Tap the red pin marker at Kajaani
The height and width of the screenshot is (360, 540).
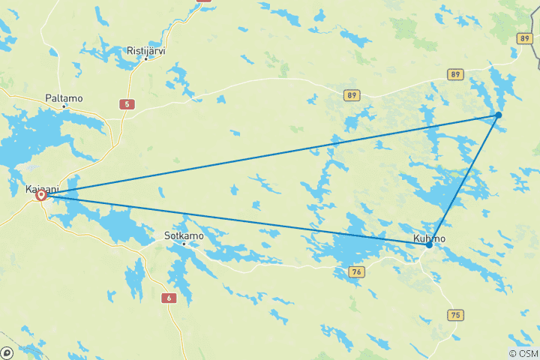(41, 195)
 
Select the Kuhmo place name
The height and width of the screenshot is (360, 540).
(430, 238)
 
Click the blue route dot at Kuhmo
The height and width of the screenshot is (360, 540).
(429, 245)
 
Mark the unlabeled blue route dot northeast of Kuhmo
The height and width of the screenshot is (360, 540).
(498, 115)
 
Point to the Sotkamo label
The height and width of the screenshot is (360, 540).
(182, 235)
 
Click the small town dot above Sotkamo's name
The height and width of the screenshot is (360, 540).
(183, 244)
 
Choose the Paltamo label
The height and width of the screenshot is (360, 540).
(64, 98)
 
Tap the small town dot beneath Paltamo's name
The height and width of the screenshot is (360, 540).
(64, 106)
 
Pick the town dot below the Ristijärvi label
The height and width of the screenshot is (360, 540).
(145, 59)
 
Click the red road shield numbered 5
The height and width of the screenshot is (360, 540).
(128, 104)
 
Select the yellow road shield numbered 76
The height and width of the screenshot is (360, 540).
(357, 271)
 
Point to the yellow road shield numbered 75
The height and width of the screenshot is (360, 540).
(454, 316)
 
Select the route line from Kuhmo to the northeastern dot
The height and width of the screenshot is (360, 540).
(463, 180)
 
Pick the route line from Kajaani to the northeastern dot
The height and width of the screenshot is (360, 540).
(270, 154)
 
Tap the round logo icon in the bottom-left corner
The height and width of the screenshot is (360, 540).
(7, 352)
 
